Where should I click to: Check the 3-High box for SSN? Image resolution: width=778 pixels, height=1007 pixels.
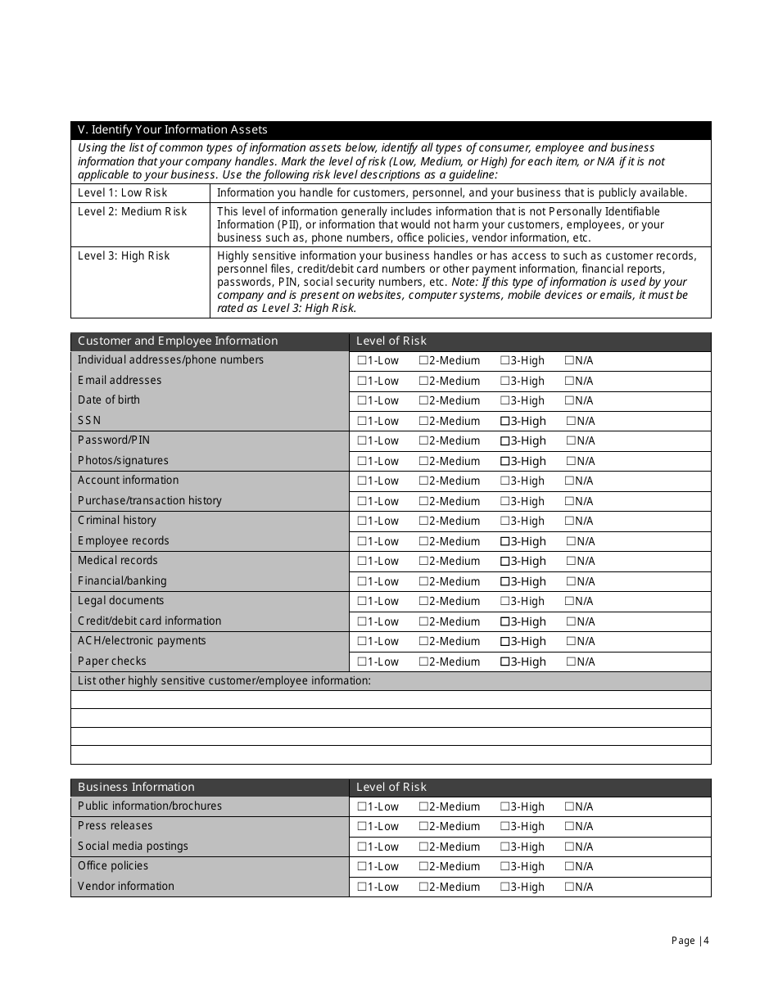click(504, 422)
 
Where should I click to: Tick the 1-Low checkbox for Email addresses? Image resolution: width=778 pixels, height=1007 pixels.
click(361, 382)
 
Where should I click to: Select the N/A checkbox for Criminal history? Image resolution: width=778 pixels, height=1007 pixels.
click(569, 522)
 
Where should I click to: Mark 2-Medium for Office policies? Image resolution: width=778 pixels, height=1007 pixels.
click(423, 867)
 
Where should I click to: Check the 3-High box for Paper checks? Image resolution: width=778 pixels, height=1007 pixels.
click(504, 662)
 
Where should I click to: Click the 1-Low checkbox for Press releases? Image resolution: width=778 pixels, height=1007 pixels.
click(361, 827)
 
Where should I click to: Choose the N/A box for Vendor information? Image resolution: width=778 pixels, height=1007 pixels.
click(569, 887)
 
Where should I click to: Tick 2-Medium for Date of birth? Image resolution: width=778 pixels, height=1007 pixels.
click(423, 401)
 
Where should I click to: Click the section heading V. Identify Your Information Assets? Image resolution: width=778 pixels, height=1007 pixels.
click(172, 130)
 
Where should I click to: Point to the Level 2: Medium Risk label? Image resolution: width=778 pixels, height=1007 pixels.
click(133, 212)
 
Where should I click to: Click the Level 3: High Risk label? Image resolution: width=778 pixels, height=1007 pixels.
click(124, 256)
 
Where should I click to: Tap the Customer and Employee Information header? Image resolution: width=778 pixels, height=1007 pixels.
click(178, 341)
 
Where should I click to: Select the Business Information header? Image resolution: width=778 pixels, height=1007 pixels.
click(136, 788)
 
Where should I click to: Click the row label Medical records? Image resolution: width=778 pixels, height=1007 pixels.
click(118, 561)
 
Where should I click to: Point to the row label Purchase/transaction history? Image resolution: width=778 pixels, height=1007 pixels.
click(150, 501)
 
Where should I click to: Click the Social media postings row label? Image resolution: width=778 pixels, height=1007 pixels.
click(133, 847)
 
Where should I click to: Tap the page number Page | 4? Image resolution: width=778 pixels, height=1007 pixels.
click(690, 941)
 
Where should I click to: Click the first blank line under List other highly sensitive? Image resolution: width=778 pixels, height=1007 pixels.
click(391, 700)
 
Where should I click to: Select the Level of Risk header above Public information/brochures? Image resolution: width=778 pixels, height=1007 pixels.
click(391, 788)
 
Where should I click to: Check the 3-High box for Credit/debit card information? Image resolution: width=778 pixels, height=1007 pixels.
click(504, 622)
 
